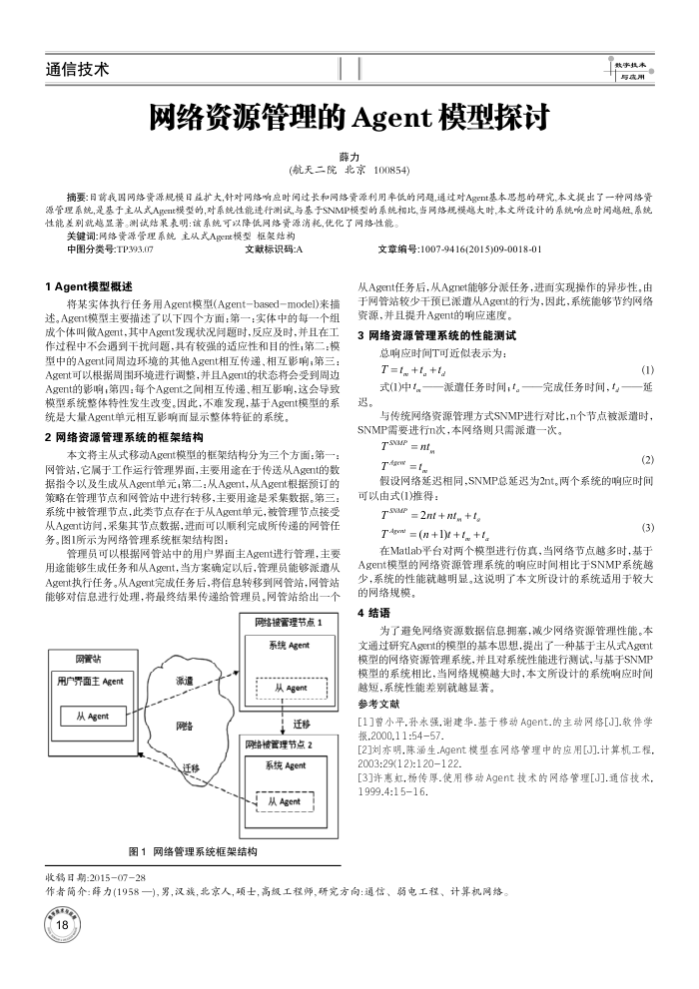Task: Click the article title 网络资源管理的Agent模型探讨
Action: tap(349, 119)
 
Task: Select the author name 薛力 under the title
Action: tap(349, 158)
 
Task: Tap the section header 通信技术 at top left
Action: tap(78, 69)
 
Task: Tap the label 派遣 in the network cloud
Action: tap(185, 681)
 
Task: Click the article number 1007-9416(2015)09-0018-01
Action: tap(482, 249)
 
